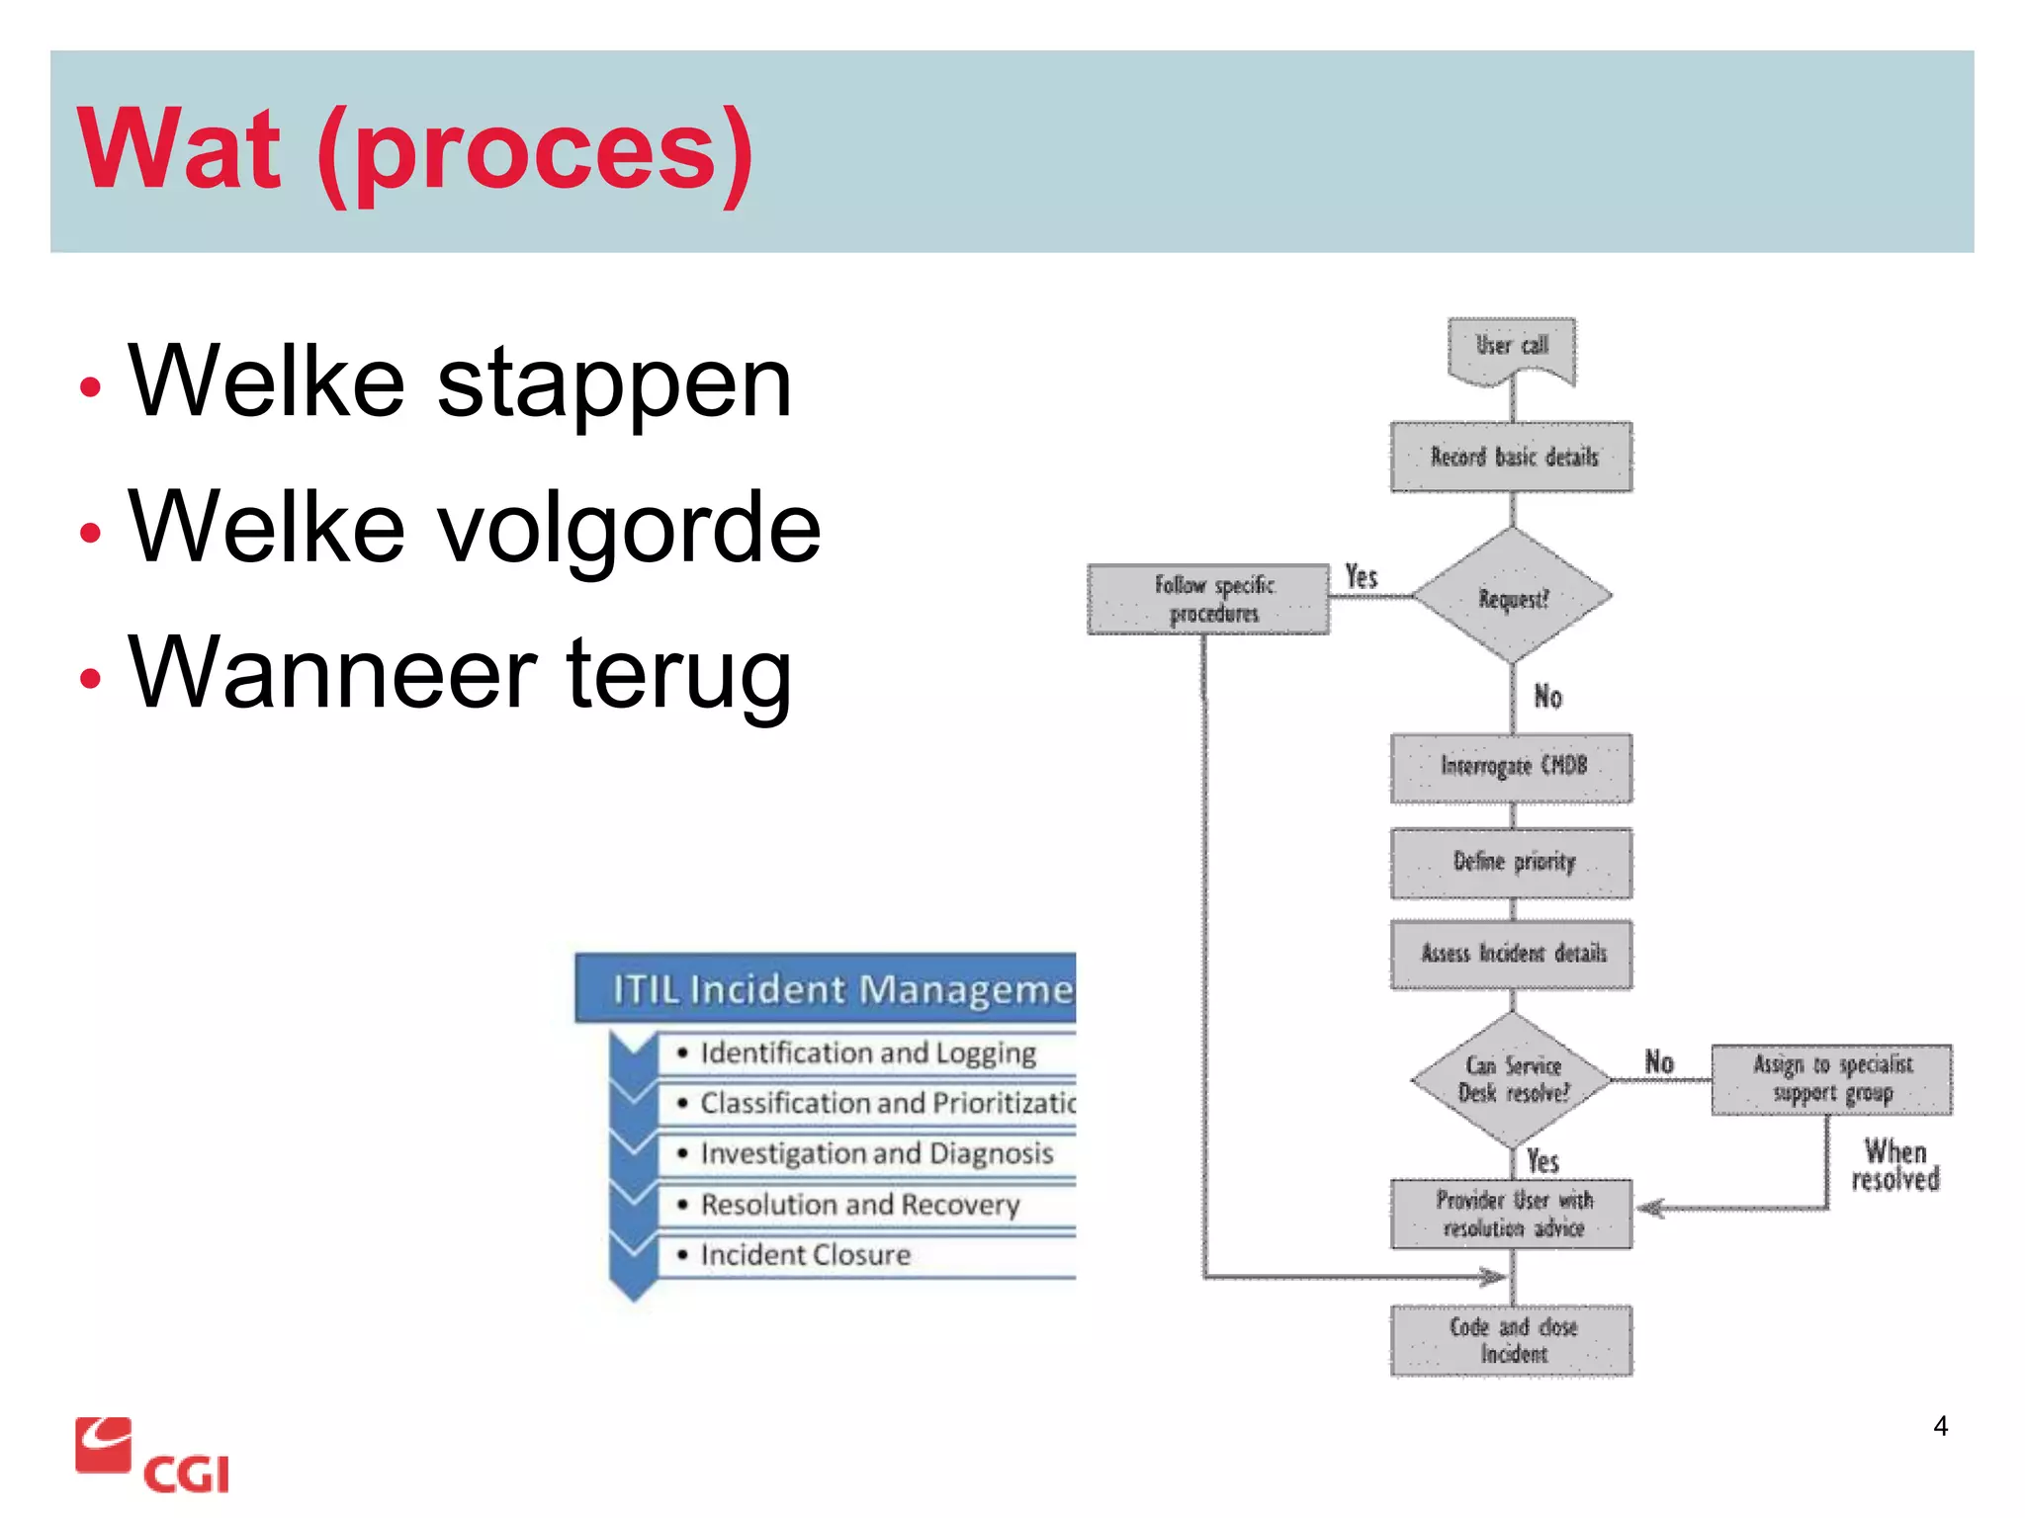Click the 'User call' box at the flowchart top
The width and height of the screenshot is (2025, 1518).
tap(1511, 348)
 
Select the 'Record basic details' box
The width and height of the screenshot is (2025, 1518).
tap(1511, 457)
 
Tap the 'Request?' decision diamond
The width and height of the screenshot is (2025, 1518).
tap(1512, 596)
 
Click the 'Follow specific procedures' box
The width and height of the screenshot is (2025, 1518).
tap(1208, 599)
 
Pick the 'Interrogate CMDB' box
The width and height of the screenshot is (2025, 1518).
tap(1511, 767)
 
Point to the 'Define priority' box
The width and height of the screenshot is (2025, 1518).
tap(1511, 863)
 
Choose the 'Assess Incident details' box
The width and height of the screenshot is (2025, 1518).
tap(1511, 954)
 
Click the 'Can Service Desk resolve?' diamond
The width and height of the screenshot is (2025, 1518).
tap(1512, 1080)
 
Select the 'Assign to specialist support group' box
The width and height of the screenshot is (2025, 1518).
tap(1831, 1079)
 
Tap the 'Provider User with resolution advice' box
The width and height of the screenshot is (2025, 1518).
tap(1511, 1214)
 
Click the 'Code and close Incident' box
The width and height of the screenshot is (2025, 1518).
tap(1511, 1340)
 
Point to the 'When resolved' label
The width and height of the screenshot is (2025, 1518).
tap(1894, 1165)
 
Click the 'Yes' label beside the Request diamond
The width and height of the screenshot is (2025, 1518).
tap(1362, 577)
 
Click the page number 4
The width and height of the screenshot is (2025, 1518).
tap(1940, 1426)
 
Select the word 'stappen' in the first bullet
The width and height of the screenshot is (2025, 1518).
tap(614, 383)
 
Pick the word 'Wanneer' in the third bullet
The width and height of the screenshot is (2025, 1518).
tap(332, 674)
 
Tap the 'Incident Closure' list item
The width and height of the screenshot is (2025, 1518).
tap(805, 1255)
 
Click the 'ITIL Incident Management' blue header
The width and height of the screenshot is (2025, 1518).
tap(826, 988)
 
